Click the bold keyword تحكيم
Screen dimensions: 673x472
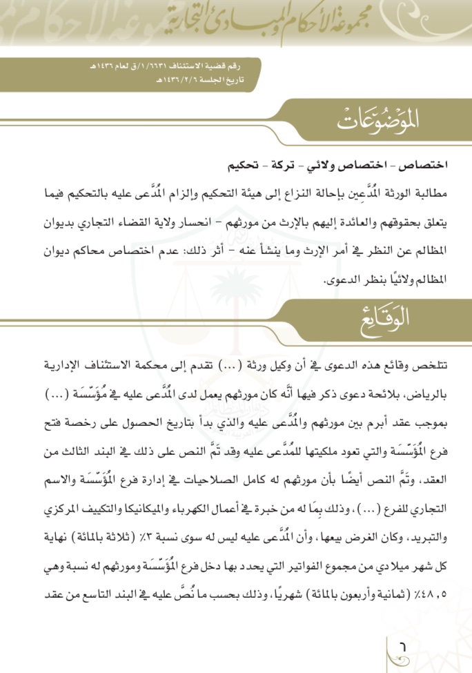click(244, 166)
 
